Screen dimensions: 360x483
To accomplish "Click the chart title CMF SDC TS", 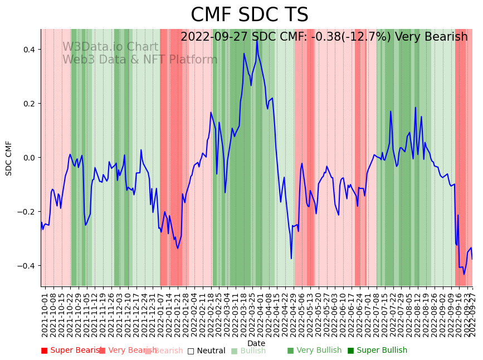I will click(x=249, y=15).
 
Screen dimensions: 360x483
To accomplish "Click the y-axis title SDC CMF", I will click(x=9, y=158).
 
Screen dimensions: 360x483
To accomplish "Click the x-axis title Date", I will click(x=256, y=343).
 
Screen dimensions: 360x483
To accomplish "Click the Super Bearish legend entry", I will click(x=71, y=351).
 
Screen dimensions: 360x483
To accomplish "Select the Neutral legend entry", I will click(x=206, y=351).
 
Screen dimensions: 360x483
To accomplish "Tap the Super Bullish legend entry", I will click(x=377, y=351).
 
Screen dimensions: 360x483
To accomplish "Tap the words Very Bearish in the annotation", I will click(x=431, y=37).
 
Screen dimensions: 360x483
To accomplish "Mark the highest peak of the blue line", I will click(x=257, y=40).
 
